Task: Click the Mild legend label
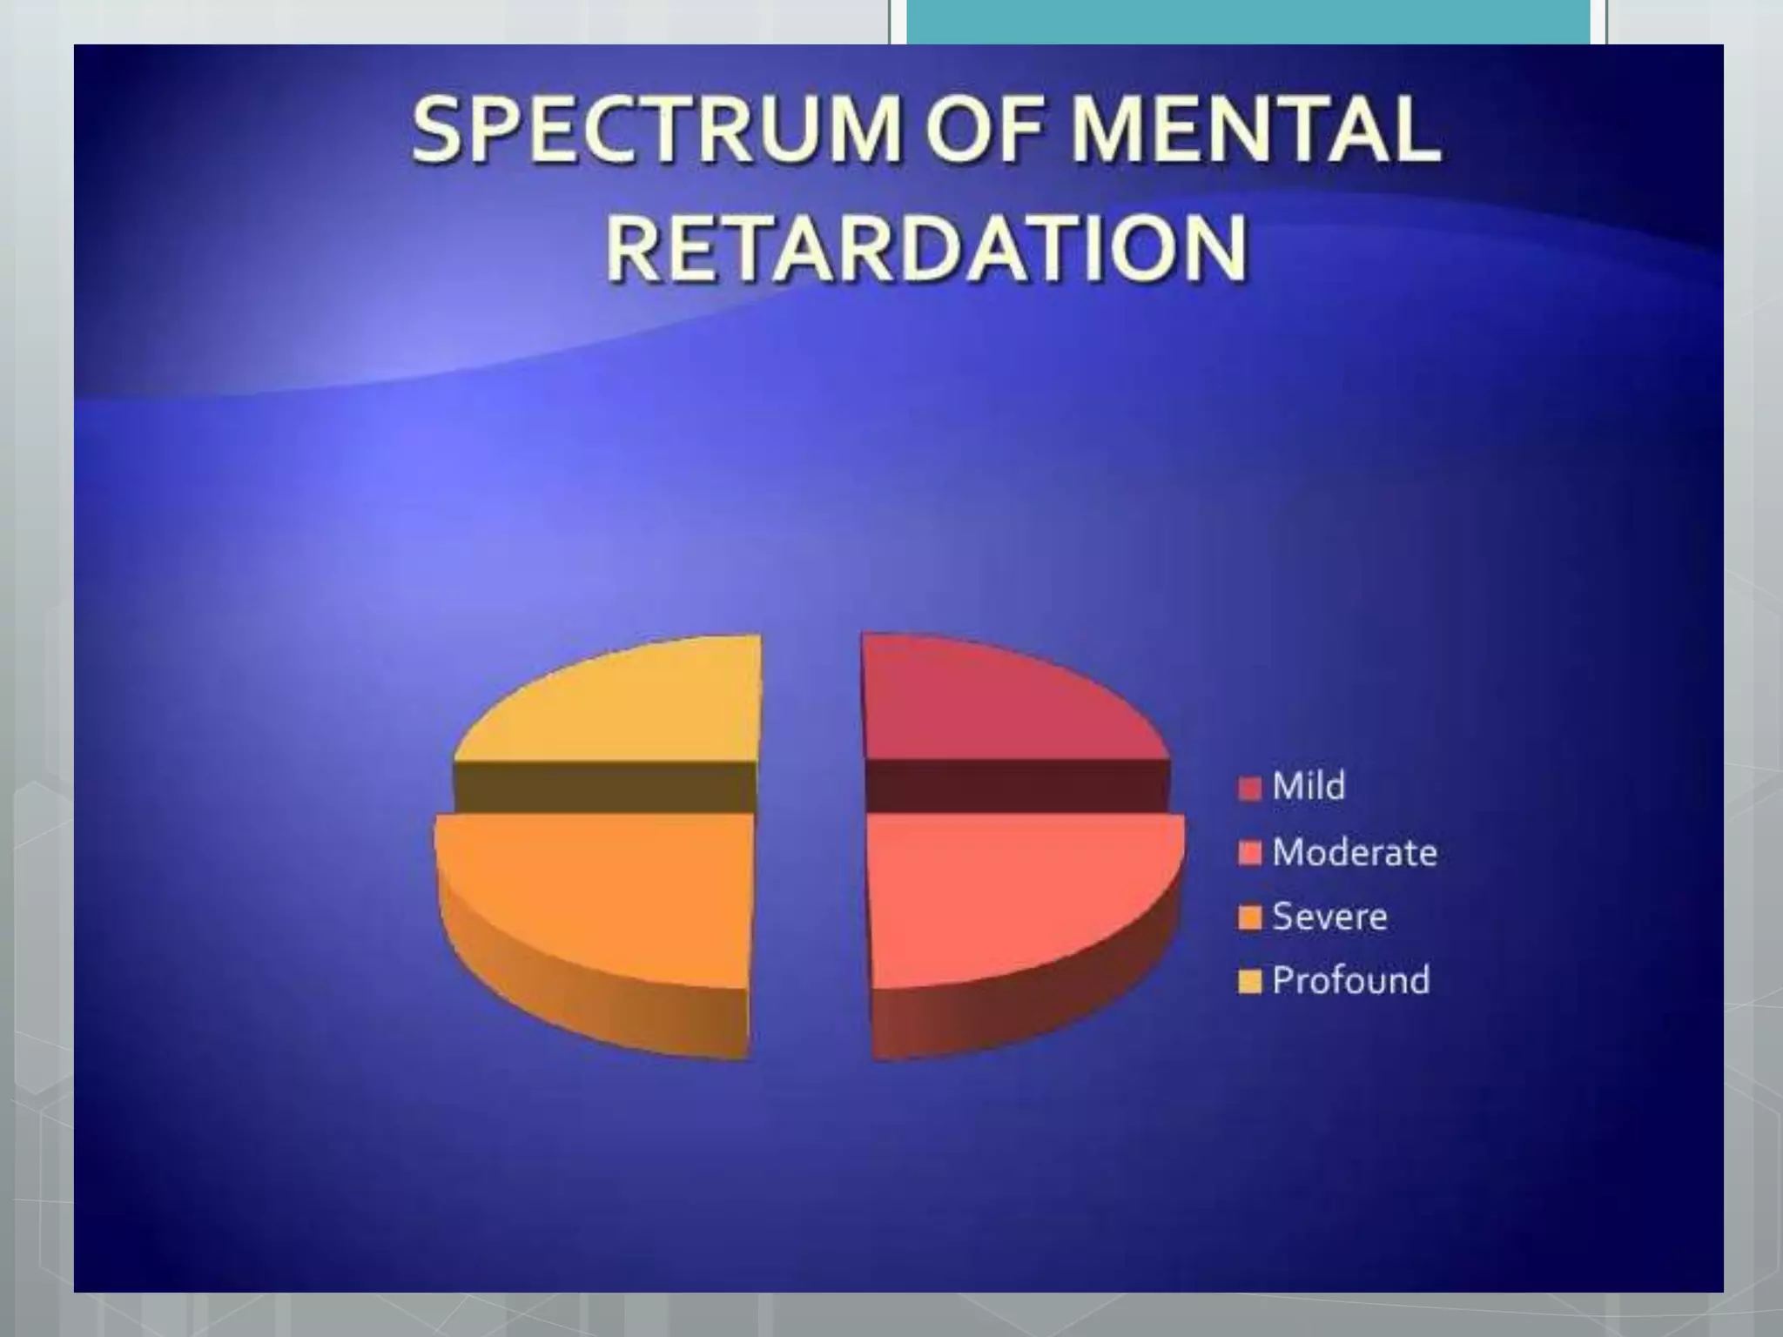coord(1309,786)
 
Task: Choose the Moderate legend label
coord(1354,852)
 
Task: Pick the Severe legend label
coord(1329,917)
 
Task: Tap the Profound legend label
coord(1350,980)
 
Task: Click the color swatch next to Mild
coord(1249,789)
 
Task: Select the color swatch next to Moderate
coord(1249,854)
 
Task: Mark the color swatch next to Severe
coord(1249,918)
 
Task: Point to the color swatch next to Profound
coord(1249,983)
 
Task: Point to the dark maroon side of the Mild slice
coord(1019,786)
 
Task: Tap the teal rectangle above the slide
coord(1248,22)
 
